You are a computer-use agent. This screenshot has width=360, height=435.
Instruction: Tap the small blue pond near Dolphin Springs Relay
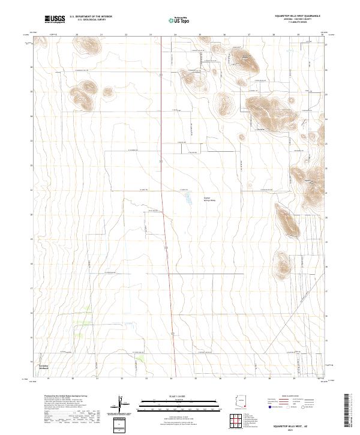click(187, 196)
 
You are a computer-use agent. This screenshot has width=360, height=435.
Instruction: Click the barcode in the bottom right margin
click(350, 410)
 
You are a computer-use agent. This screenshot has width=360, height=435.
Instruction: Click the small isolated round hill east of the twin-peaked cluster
click(108, 92)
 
